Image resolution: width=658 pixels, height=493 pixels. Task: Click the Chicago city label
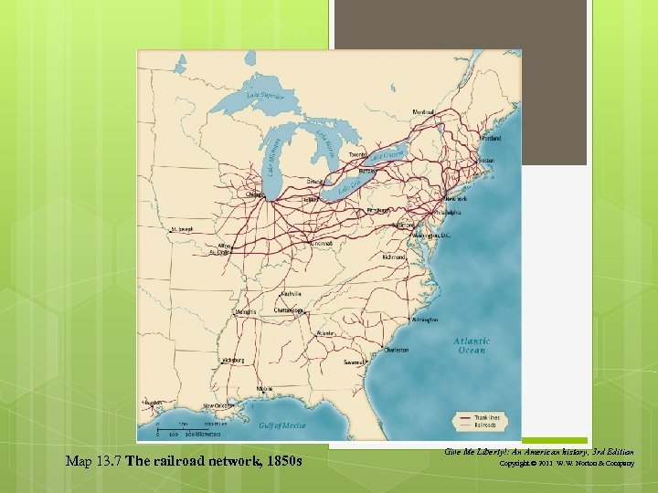pos(255,194)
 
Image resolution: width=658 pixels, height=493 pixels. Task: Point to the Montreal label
pos(423,112)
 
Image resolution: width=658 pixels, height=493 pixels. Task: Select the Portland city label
pos(490,139)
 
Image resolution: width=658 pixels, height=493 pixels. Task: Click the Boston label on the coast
pos(486,161)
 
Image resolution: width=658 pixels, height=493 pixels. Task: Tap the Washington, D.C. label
pos(432,236)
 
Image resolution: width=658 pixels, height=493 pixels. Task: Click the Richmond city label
pos(394,257)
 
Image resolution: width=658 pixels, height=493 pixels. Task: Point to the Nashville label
pos(292,294)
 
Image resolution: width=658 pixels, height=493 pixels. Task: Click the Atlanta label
pos(325,333)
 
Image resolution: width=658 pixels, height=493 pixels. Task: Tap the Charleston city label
pos(397,350)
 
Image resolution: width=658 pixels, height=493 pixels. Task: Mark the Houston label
pos(153,402)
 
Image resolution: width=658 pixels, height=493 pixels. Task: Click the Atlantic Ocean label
pos(472,346)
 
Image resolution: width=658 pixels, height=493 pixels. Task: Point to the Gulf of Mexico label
pos(282,425)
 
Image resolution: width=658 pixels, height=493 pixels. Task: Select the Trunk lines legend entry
pos(483,417)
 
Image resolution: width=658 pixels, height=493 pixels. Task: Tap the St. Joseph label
pos(180,229)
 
